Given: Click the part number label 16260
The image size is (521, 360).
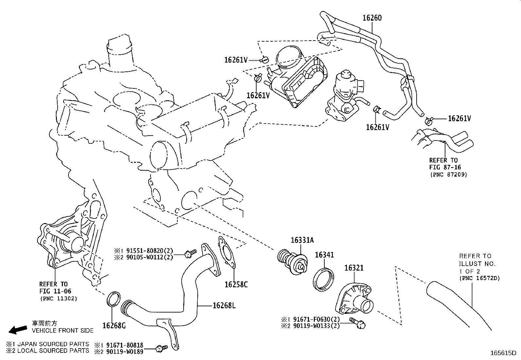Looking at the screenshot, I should click(372, 18).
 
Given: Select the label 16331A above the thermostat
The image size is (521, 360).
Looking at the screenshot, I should click(302, 240).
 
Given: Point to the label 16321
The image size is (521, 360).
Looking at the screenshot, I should click(354, 268).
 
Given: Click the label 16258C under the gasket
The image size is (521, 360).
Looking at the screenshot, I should click(236, 284).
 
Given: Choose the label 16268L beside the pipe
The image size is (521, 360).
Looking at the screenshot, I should click(224, 306).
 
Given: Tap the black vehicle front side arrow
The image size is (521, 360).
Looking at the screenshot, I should click(18, 329).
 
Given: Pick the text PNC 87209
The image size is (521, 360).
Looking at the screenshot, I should click(449, 175).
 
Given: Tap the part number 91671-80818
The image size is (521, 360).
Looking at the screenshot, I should click(123, 345).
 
